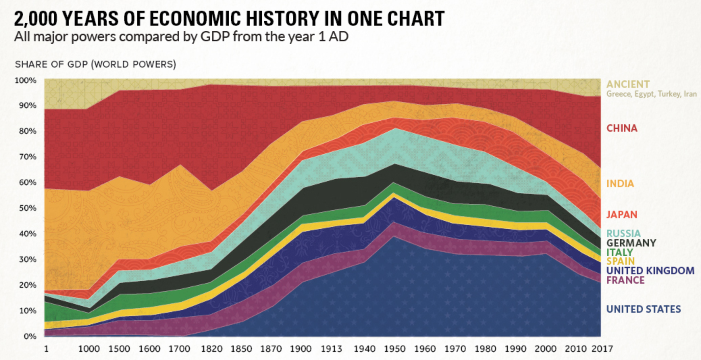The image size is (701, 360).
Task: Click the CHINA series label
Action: click(x=622, y=128)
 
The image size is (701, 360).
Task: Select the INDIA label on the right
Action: click(x=620, y=184)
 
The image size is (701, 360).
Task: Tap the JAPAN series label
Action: click(x=622, y=215)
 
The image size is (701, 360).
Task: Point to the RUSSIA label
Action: click(x=623, y=233)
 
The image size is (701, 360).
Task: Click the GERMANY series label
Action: click(x=631, y=243)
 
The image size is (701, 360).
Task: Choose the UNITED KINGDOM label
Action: click(x=650, y=271)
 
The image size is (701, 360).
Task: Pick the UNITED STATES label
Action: click(x=643, y=309)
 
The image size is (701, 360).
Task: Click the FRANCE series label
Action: click(x=625, y=280)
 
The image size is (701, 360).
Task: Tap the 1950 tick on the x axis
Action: click(x=394, y=349)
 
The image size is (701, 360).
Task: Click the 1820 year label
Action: click(x=212, y=349)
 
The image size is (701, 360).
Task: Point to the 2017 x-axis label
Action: click(x=602, y=349)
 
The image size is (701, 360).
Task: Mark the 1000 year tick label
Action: click(x=89, y=349)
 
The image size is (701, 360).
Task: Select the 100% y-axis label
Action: click(x=25, y=80)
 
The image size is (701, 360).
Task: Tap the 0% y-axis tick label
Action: click(x=29, y=336)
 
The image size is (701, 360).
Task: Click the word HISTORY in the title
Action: click(x=282, y=19)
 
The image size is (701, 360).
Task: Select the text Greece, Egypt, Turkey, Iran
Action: click(x=651, y=94)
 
